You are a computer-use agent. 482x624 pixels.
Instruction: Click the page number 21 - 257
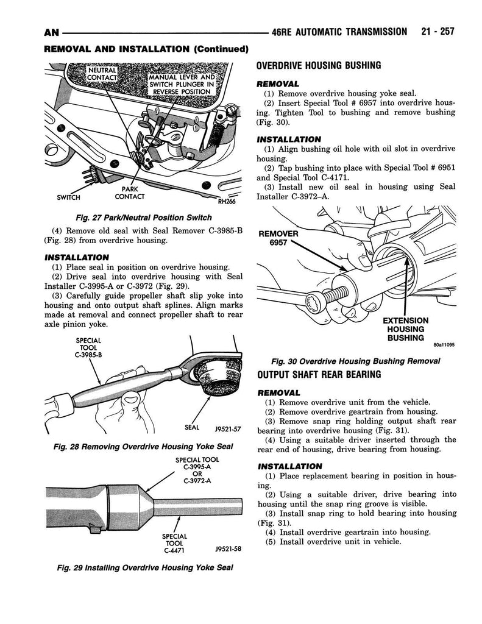(x=437, y=32)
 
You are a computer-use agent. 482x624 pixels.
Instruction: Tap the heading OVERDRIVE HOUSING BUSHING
(x=319, y=66)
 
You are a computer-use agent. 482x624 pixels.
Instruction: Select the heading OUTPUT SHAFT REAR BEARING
(x=319, y=374)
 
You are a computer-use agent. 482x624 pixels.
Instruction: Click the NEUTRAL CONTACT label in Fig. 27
(x=102, y=74)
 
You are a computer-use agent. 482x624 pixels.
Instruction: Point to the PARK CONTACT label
(x=129, y=193)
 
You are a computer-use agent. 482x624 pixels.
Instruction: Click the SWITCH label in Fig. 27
(x=69, y=197)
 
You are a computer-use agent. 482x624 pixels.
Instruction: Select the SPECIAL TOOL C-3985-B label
(x=88, y=349)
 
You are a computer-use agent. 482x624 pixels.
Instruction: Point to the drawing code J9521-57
(x=229, y=430)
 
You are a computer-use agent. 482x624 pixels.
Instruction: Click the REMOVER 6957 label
(x=278, y=238)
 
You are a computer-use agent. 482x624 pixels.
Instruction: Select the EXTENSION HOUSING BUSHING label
(x=406, y=329)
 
